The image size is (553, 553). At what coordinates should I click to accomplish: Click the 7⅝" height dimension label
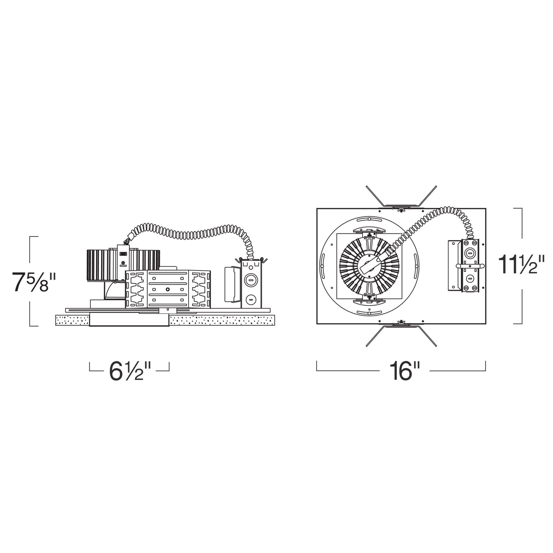click(34, 282)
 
